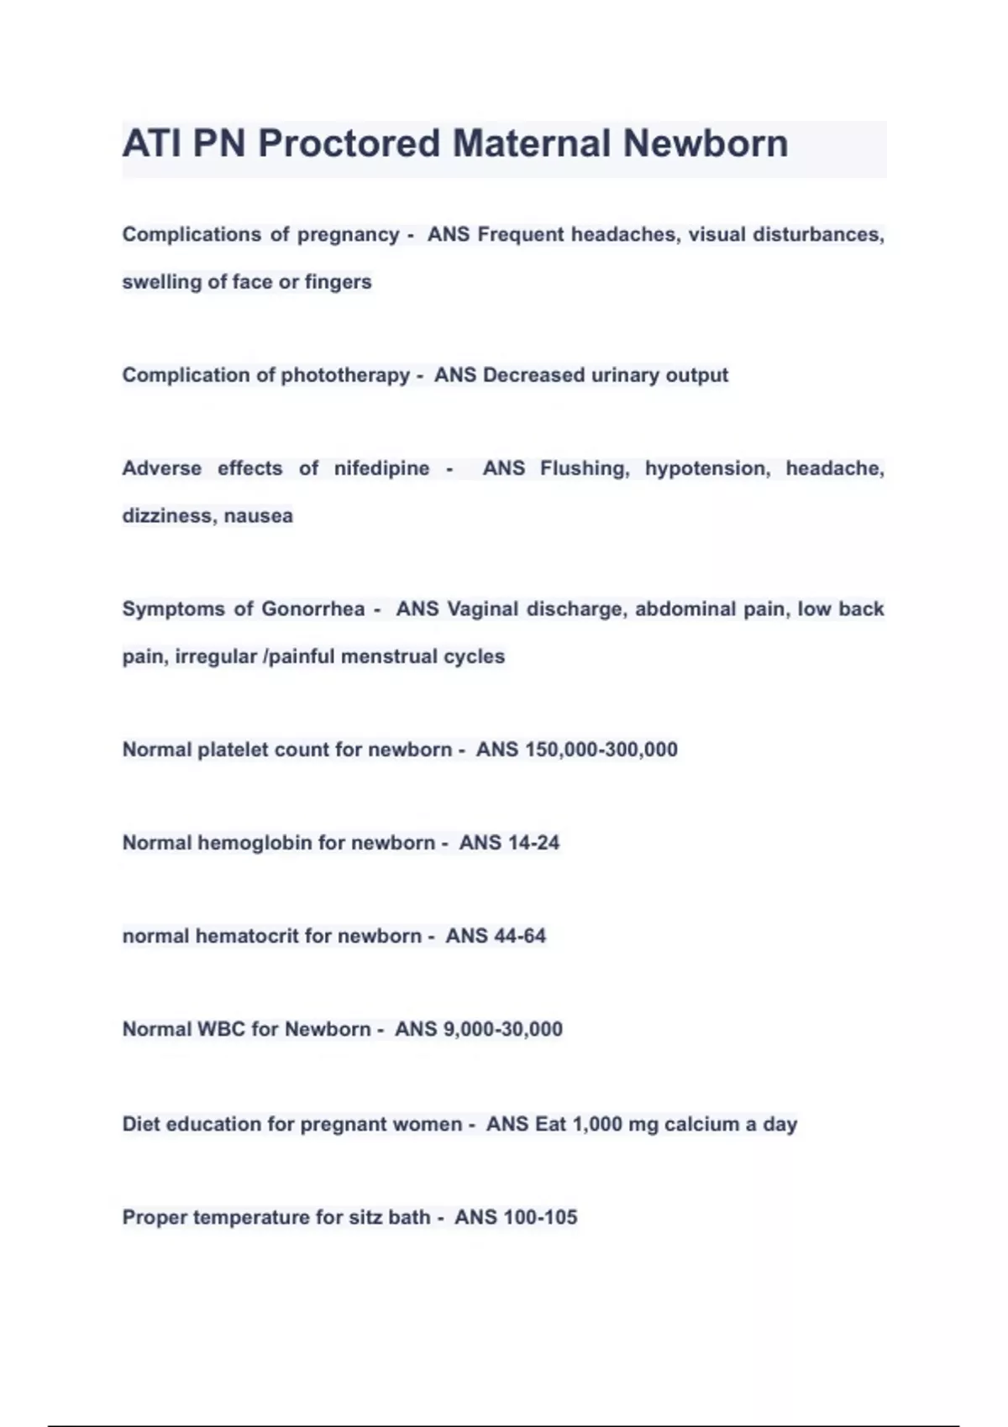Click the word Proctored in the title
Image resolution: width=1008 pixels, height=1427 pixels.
pyautogui.click(x=349, y=144)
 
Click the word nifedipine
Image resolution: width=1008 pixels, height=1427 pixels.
pyautogui.click(x=381, y=468)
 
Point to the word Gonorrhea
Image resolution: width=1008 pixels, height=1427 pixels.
pyautogui.click(x=312, y=609)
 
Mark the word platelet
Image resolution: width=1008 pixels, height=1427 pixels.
pyautogui.click(x=233, y=750)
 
